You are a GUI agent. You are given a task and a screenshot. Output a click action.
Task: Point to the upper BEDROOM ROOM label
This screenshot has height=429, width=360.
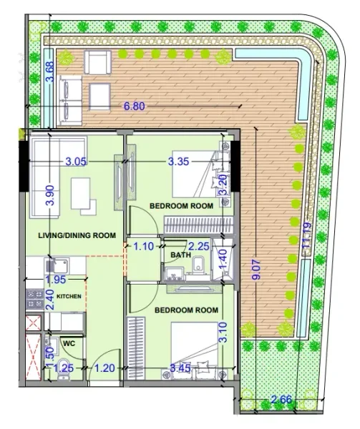click(x=181, y=206)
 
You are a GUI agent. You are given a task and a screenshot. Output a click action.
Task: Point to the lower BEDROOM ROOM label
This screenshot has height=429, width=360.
click(x=186, y=310)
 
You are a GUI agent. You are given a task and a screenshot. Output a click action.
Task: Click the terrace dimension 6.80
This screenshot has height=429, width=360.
click(x=137, y=106)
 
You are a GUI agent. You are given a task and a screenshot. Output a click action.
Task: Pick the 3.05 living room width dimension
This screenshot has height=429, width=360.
click(x=74, y=162)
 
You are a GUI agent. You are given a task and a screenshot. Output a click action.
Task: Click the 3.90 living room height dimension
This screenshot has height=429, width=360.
click(x=49, y=194)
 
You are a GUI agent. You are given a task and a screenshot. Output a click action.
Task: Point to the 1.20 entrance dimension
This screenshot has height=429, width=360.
click(x=105, y=370)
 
